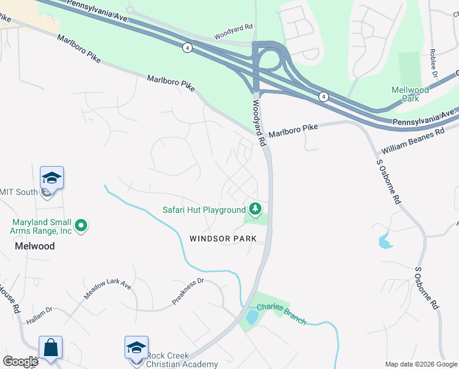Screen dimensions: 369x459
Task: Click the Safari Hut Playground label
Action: [x=204, y=210]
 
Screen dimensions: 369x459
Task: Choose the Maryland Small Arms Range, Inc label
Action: [x=41, y=226]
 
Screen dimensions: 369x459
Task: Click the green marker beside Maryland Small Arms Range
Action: [x=81, y=226]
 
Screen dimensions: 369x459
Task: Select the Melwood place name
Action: [x=34, y=246]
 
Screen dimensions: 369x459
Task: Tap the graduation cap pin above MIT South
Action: [x=52, y=179]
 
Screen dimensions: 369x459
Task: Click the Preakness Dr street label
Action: [x=188, y=292]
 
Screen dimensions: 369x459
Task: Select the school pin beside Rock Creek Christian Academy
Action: [x=136, y=348]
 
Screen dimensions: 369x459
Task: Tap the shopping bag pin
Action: [x=50, y=348]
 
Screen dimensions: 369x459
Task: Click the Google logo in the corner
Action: [x=20, y=362]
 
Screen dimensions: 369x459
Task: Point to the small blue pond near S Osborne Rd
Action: [x=385, y=241]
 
